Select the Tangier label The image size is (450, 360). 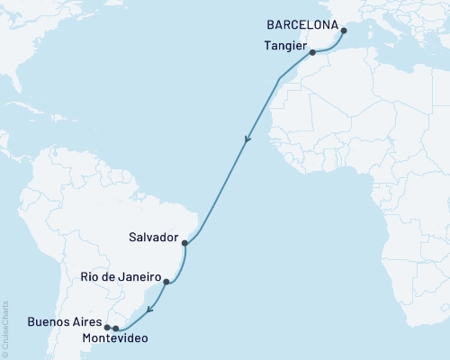pos(285,46)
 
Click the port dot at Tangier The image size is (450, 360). pos(312,53)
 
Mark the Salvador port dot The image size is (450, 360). pos(184,243)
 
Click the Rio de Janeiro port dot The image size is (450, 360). pos(166,282)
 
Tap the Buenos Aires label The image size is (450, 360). pos(66,320)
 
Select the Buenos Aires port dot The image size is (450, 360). pos(107,328)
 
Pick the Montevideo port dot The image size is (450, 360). pos(116,328)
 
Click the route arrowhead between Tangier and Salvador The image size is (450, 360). pos(247,139)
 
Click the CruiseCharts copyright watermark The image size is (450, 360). pos(5,328)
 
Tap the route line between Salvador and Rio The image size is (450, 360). pos(183,264)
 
